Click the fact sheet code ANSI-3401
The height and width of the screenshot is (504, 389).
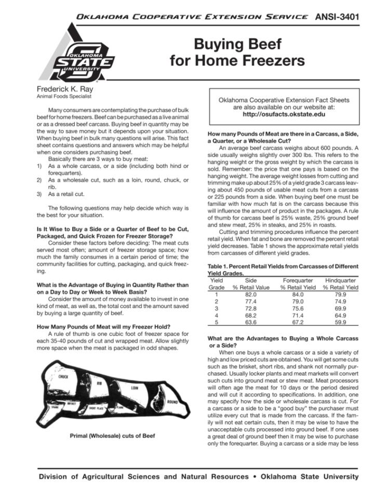click(x=338, y=17)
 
